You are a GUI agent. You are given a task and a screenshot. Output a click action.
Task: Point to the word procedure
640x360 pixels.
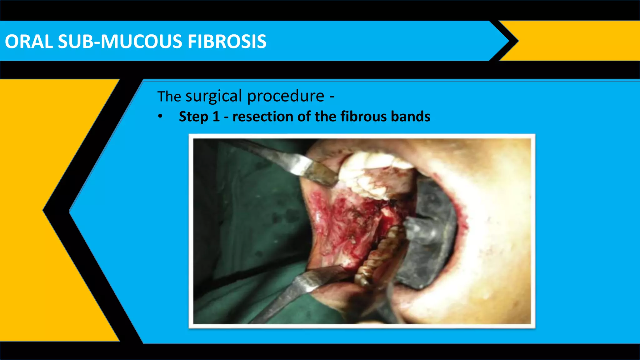(286, 96)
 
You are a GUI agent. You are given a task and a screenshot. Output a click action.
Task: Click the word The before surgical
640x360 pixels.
(169, 97)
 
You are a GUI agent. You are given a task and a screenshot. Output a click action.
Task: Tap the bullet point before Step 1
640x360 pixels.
(160, 117)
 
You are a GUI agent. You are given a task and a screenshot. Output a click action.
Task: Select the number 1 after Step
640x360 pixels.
(216, 117)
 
